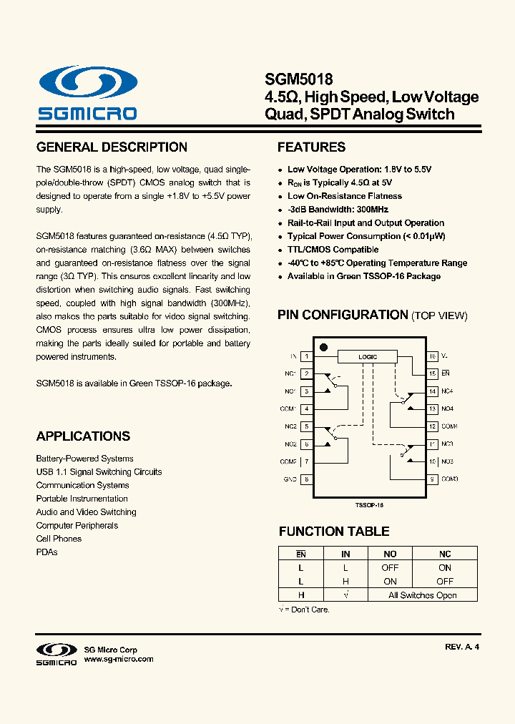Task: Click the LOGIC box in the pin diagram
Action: pyautogui.click(x=368, y=356)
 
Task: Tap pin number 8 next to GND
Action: pyautogui.click(x=306, y=479)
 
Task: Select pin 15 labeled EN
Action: pyautogui.click(x=433, y=373)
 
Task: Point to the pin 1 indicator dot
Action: pyautogui.click(x=323, y=347)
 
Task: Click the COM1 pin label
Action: pyautogui.click(x=288, y=409)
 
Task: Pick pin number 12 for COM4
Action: pyautogui.click(x=433, y=426)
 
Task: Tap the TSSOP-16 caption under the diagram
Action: pyautogui.click(x=370, y=504)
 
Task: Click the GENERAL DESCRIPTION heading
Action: pyautogui.click(x=112, y=147)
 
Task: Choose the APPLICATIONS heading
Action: pyautogui.click(x=83, y=436)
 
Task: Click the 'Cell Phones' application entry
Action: pyautogui.click(x=59, y=539)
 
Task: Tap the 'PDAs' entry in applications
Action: pyautogui.click(x=46, y=552)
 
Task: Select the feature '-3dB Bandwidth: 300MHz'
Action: pyautogui.click(x=338, y=210)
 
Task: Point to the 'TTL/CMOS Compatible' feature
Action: pyautogui.click(x=333, y=250)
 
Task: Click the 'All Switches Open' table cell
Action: pyautogui.click(x=422, y=595)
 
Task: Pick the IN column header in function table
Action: pyautogui.click(x=345, y=554)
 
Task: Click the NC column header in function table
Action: pyautogui.click(x=445, y=554)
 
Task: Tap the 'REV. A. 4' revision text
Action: pyautogui.click(x=461, y=647)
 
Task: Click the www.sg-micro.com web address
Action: pyautogui.click(x=119, y=659)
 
